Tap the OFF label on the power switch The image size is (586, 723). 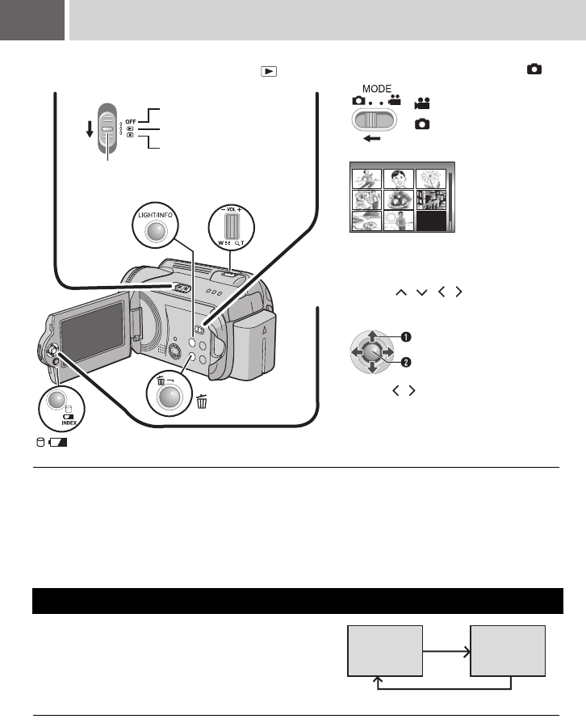click(130, 120)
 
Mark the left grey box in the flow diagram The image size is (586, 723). click(384, 650)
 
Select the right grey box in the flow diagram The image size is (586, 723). click(509, 650)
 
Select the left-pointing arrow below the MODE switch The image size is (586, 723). click(371, 138)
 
